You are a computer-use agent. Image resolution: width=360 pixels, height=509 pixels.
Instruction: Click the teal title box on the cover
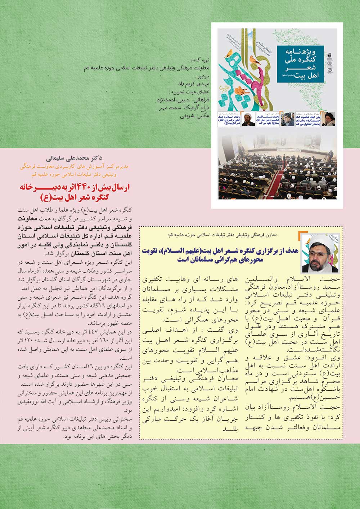301,64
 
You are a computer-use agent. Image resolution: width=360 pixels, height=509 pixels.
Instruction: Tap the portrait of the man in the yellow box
320,254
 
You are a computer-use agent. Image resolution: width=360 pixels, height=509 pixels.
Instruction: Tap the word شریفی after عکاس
187,116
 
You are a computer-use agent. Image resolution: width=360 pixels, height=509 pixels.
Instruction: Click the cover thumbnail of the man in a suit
288,119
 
